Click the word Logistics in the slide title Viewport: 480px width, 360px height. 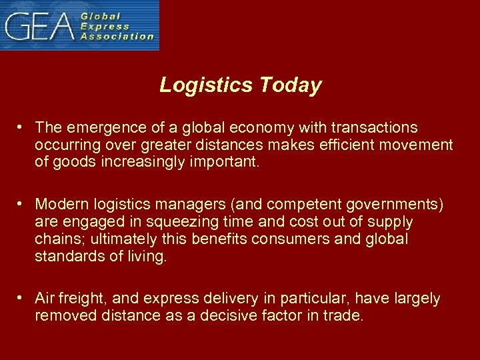[x=207, y=85]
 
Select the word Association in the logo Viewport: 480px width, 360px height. [x=117, y=37]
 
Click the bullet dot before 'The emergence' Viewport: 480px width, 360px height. [x=22, y=127]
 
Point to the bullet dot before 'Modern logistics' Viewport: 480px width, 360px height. [x=22, y=203]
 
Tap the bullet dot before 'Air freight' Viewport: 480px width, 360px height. [x=22, y=299]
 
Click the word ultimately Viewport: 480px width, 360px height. [x=119, y=239]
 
